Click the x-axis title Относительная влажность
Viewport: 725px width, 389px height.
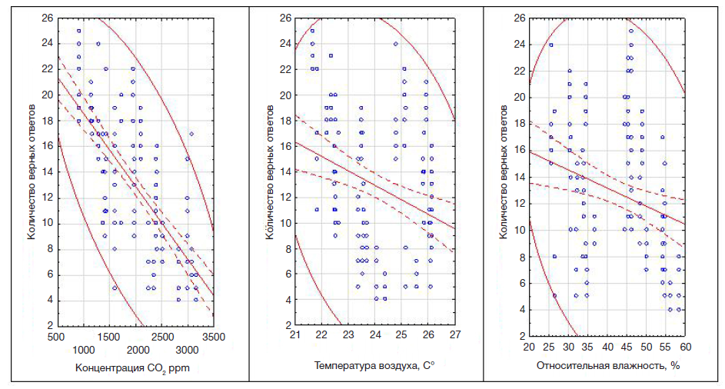tap(608, 364)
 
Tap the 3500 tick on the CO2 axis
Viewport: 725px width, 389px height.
tap(213, 337)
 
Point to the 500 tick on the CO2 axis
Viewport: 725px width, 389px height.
tap(56, 337)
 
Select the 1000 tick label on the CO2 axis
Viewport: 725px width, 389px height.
tap(83, 348)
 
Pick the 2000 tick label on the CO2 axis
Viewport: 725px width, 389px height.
tap(135, 348)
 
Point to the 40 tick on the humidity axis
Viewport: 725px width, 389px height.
tap(607, 347)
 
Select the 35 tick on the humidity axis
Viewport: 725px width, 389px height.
tap(588, 347)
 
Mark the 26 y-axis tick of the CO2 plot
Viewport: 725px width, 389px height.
tap(46, 17)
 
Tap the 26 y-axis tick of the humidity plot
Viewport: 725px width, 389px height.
tap(520, 17)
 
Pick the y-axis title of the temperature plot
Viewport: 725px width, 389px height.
tap(271, 167)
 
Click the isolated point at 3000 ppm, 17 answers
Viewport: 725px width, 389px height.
tap(191, 134)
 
